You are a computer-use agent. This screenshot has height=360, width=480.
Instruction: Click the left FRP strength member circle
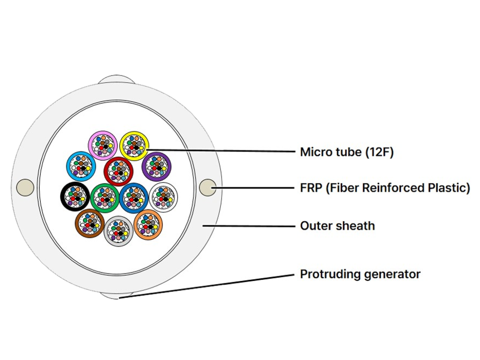tap(25, 187)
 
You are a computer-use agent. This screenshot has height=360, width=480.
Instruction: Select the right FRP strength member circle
tap(208, 187)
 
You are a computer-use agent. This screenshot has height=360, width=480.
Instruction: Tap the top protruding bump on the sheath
tap(116, 79)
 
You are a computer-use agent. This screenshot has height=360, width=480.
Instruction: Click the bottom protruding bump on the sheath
tap(116, 296)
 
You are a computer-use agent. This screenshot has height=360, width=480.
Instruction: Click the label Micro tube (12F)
tap(347, 152)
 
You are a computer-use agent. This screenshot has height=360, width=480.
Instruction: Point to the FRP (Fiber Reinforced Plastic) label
tap(385, 188)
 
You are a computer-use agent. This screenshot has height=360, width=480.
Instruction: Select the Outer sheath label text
tap(338, 226)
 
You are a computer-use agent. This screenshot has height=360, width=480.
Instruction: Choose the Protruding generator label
tap(360, 274)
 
